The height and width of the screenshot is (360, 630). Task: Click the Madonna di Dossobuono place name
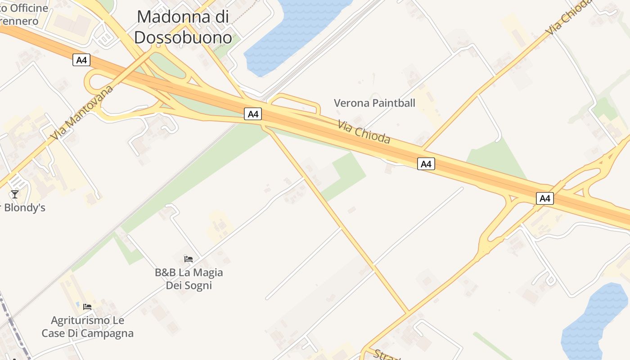pos(183,27)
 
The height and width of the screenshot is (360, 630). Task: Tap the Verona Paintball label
pos(374,103)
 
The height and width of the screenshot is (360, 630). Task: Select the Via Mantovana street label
pos(82,112)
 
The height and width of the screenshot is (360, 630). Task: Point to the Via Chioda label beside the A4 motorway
pos(364,132)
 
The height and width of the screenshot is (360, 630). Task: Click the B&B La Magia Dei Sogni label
pos(189,279)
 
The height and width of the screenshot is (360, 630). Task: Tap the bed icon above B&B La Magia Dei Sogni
pos(189,259)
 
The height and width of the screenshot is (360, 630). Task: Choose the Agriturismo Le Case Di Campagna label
pos(87,327)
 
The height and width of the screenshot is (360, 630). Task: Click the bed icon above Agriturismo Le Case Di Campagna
pos(87,307)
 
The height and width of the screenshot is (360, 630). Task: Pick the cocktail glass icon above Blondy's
pos(15,194)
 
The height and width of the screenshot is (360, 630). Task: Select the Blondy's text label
pos(25,208)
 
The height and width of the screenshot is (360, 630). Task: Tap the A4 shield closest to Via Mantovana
pos(81,60)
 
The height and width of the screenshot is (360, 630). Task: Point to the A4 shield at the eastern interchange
pos(544,198)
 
